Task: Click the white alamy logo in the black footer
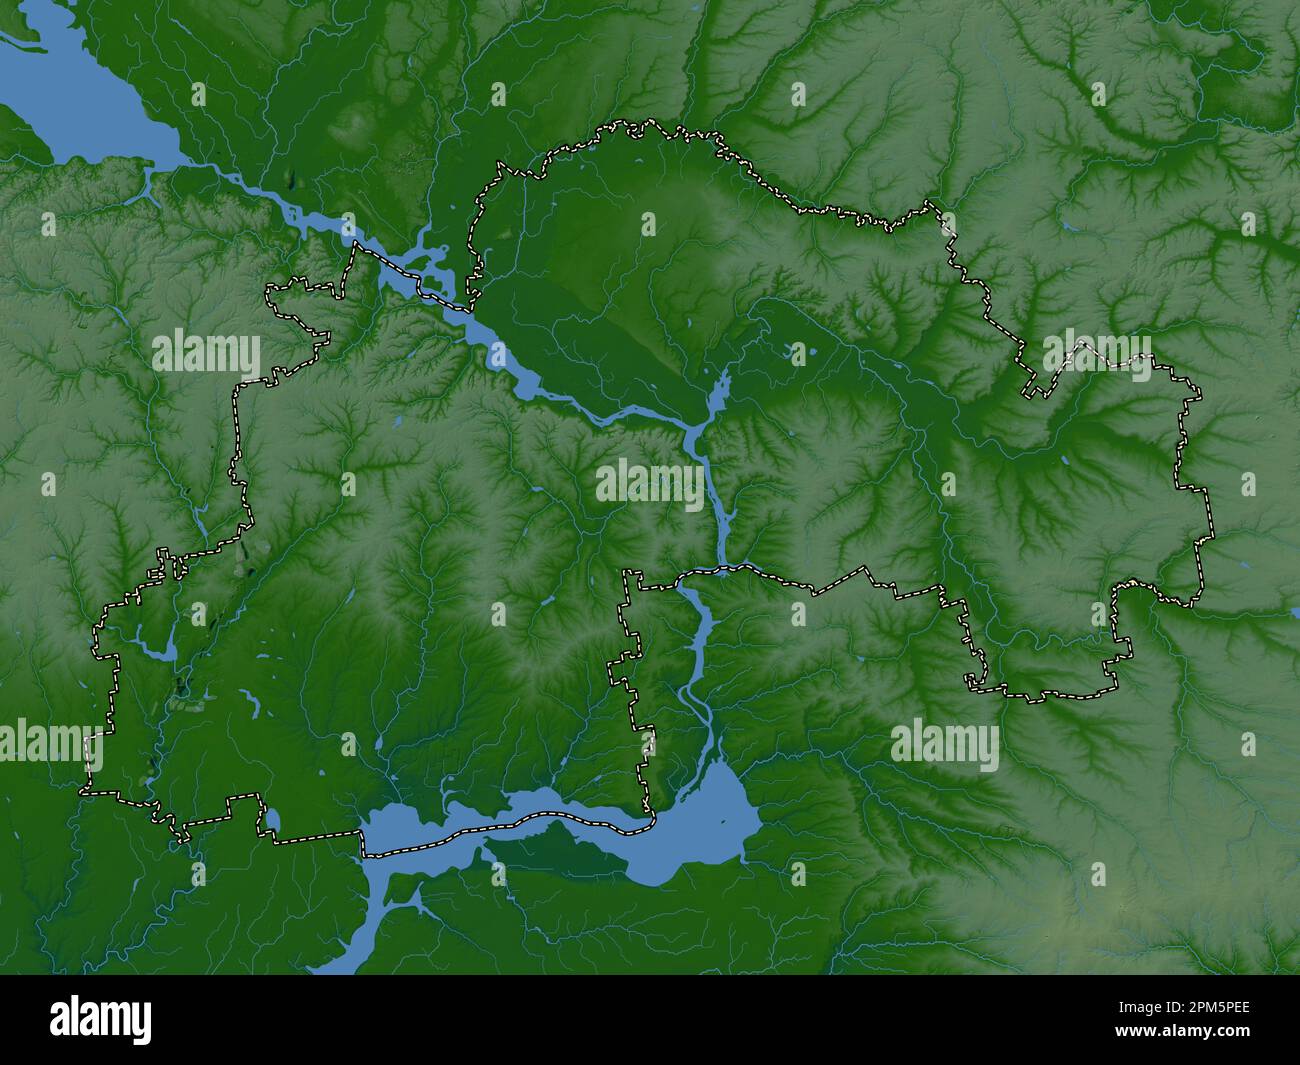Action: pyautogui.click(x=101, y=1019)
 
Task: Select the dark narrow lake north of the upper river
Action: pyautogui.click(x=291, y=181)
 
